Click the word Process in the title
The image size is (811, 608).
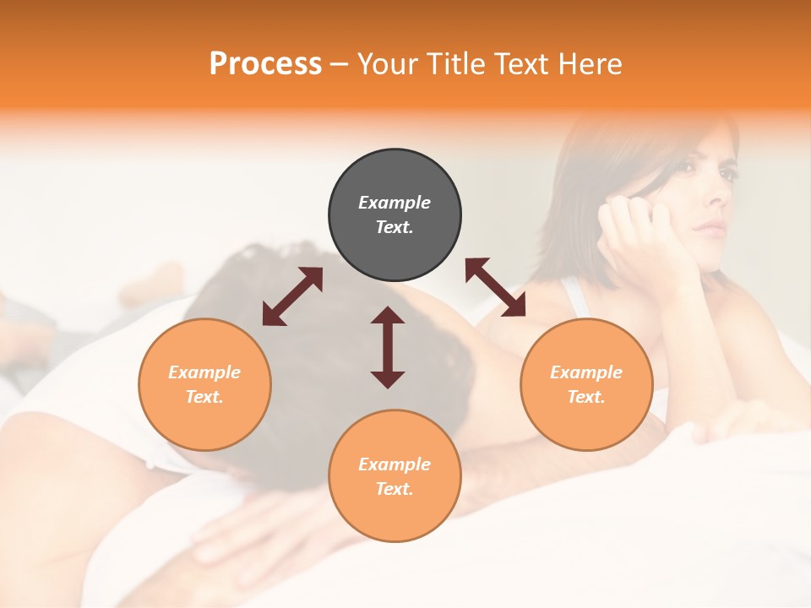(265, 64)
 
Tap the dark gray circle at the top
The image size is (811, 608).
(395, 215)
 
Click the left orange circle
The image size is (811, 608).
(204, 384)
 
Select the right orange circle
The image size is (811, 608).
(585, 384)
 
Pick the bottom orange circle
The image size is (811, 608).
(395, 475)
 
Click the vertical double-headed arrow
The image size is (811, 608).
(388, 347)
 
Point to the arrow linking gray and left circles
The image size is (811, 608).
(292, 296)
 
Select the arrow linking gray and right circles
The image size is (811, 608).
(495, 287)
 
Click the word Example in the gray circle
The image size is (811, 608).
(395, 203)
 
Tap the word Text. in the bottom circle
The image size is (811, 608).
(395, 489)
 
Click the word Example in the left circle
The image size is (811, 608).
(204, 372)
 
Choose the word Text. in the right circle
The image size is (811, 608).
(585, 397)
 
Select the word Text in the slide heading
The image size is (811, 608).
(518, 64)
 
